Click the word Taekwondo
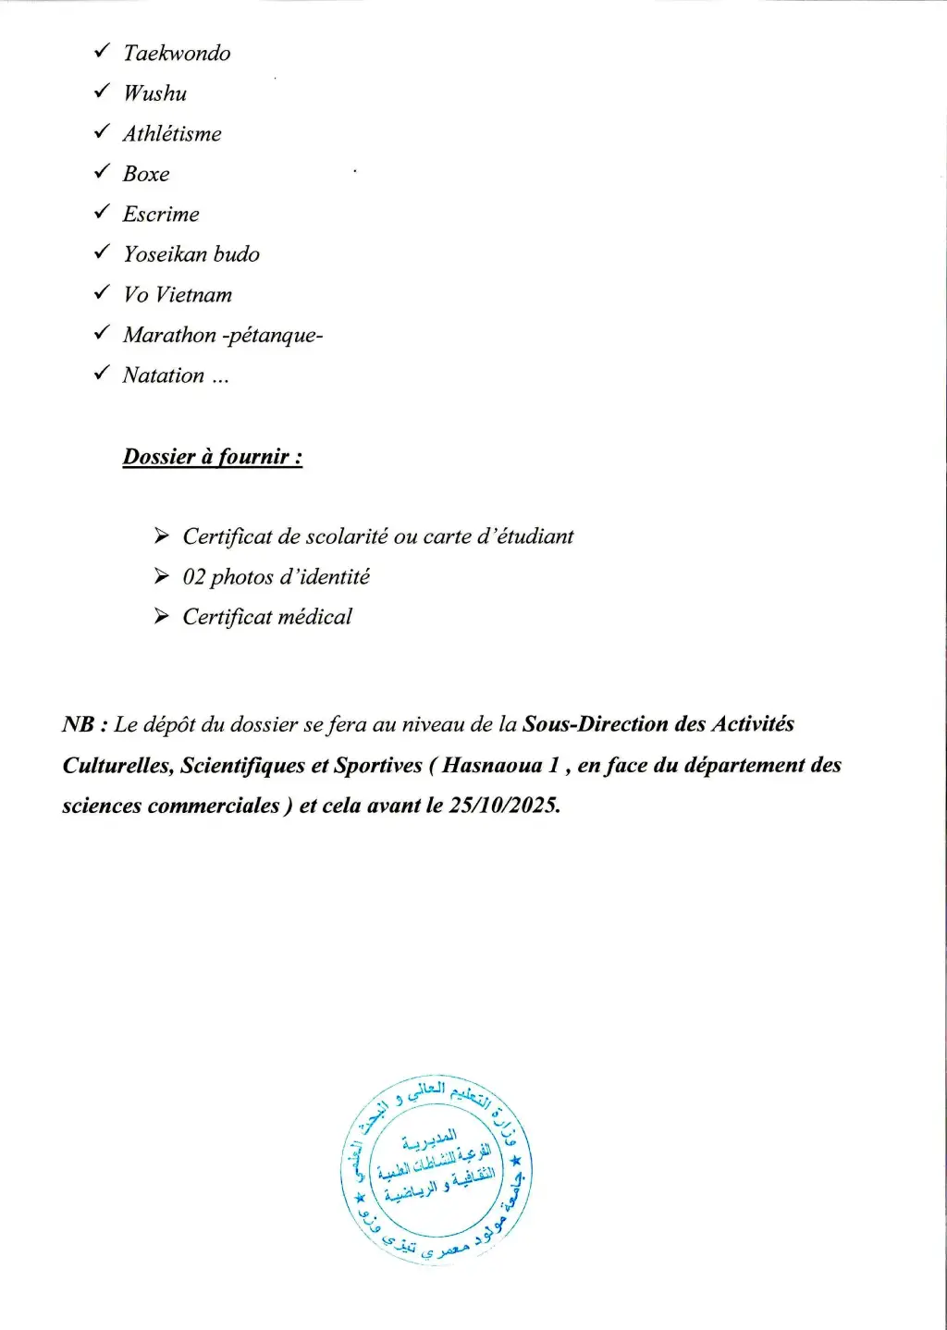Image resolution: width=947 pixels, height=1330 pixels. (x=177, y=54)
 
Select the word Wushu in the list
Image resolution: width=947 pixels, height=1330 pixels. (x=154, y=93)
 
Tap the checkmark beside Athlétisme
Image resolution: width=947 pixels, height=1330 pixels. (x=102, y=132)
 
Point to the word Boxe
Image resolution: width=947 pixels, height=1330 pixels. (x=146, y=174)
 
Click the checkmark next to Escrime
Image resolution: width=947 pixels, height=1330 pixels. (x=102, y=213)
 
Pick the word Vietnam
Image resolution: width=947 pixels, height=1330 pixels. (x=193, y=295)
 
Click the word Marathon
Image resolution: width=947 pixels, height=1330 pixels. (x=169, y=335)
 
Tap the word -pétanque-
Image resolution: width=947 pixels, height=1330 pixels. (x=273, y=336)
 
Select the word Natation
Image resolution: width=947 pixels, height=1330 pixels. (x=164, y=376)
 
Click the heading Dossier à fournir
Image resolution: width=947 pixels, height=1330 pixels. (x=213, y=457)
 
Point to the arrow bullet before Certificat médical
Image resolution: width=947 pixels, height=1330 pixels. (x=162, y=616)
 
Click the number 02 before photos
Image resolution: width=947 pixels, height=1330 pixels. (x=193, y=577)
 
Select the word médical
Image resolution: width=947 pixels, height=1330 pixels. (x=314, y=617)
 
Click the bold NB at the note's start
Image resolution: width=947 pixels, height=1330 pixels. (x=78, y=724)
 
